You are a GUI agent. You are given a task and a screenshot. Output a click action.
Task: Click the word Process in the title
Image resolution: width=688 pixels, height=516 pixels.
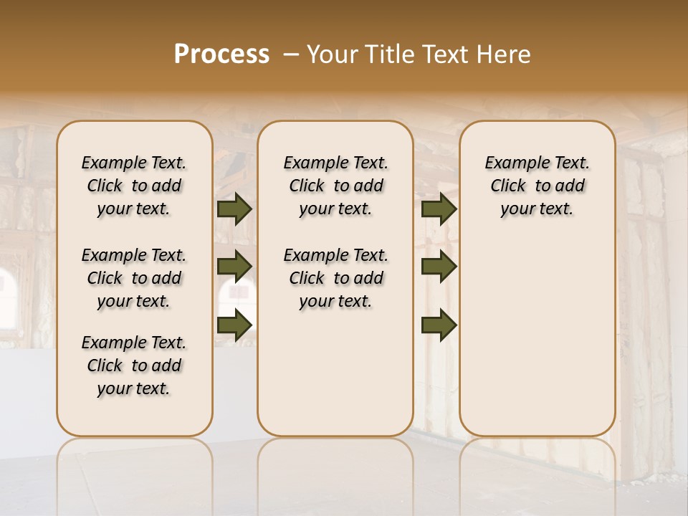tap(221, 54)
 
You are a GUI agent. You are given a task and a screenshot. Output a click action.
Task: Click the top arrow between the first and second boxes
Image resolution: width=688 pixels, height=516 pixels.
tap(234, 209)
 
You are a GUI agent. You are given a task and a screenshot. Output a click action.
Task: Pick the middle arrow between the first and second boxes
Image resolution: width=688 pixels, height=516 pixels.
tap(234, 267)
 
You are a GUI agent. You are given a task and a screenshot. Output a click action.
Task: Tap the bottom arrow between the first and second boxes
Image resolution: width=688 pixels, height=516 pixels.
tap(234, 325)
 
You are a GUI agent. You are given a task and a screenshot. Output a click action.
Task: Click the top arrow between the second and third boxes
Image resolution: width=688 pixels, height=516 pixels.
tap(439, 209)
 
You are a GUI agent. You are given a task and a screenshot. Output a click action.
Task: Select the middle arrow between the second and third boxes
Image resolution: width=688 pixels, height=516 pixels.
tap(439, 267)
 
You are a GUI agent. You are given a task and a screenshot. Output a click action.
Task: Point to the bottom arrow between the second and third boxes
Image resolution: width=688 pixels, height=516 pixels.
tap(439, 325)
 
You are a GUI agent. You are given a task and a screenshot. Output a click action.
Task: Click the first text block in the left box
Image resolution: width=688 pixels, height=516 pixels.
tap(134, 186)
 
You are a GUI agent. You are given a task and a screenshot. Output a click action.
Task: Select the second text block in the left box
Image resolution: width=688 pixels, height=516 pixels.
tap(134, 278)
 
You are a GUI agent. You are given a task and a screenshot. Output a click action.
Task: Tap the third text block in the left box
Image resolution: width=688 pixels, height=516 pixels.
tap(134, 365)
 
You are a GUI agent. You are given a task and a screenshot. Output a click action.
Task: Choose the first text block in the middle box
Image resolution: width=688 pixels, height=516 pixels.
tap(335, 186)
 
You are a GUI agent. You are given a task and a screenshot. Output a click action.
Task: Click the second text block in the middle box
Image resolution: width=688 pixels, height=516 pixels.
tap(335, 278)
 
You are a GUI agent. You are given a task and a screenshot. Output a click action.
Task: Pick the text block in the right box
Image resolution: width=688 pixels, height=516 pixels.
tap(537, 186)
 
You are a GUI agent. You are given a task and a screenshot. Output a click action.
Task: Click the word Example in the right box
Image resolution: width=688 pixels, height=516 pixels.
tap(511, 163)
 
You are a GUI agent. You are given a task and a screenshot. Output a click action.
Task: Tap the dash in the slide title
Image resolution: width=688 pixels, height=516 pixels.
tap(291, 54)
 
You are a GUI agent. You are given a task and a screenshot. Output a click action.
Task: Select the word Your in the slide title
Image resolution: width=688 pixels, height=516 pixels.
tap(329, 54)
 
